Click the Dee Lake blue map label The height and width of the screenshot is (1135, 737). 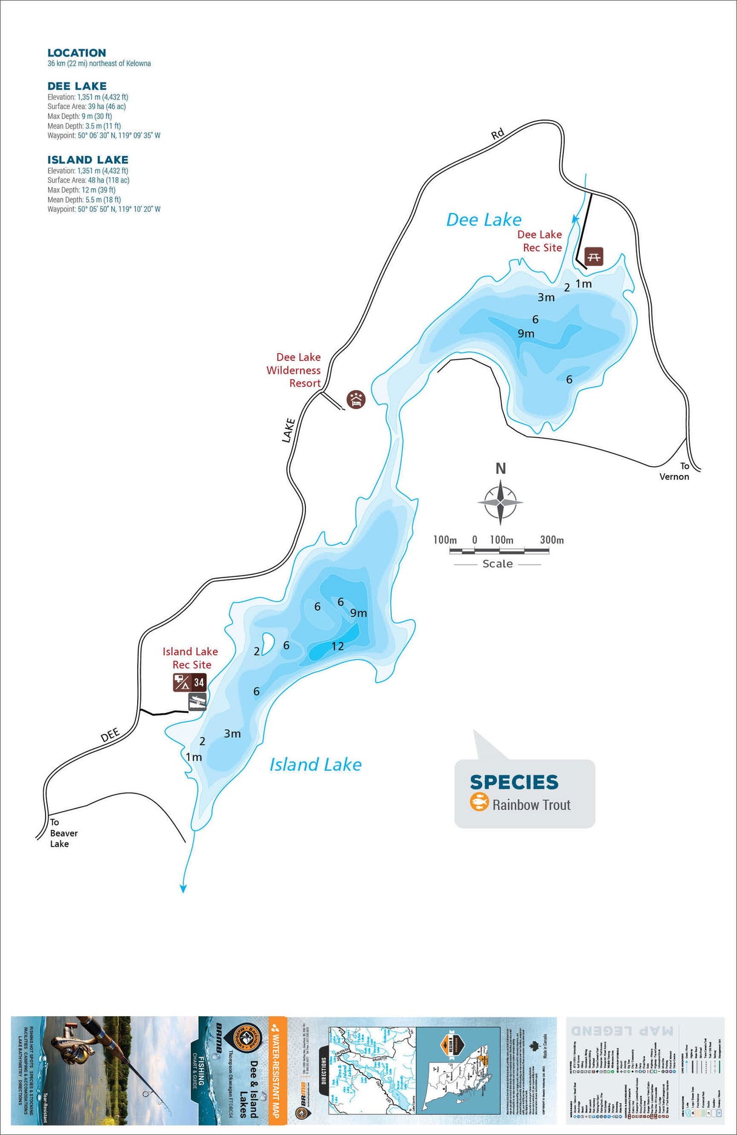tap(484, 220)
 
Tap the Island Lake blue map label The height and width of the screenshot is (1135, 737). tap(315, 765)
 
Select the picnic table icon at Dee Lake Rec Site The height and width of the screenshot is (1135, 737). tap(594, 257)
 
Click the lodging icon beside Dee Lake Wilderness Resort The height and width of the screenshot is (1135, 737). tap(356, 399)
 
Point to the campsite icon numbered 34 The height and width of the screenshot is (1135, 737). tap(190, 682)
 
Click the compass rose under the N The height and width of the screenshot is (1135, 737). tap(500, 502)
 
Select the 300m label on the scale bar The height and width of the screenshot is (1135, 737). tap(552, 540)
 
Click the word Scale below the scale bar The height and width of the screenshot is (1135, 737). tap(498, 564)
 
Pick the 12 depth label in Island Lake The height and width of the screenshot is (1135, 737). tap(338, 647)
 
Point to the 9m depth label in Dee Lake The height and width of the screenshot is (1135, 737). tap(526, 334)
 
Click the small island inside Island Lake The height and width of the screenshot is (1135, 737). tap(267, 644)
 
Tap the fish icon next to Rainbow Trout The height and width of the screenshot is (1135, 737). tap(479, 803)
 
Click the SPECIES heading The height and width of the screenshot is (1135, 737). tap(514, 783)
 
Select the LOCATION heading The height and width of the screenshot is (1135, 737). tap(76, 53)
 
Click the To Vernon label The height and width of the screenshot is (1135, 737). tap(674, 471)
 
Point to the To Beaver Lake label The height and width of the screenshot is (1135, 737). tap(63, 833)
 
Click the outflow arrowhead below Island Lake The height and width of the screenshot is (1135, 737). tap(183, 889)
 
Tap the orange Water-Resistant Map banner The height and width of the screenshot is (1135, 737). tap(277, 1071)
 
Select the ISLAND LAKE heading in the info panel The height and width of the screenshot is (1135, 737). tap(88, 160)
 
